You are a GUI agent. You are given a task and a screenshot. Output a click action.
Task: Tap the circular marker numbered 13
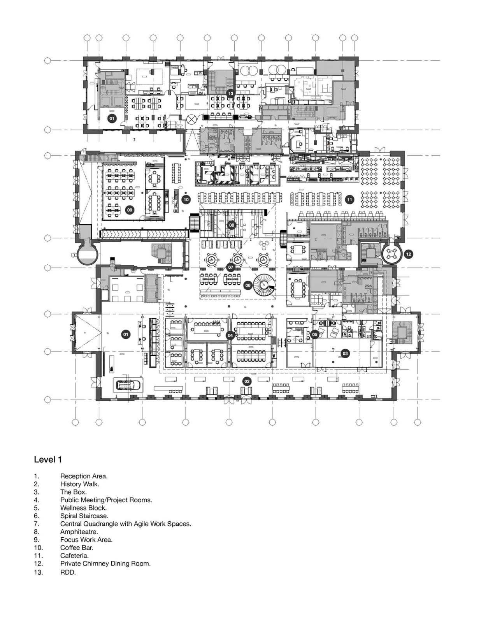point(231,93)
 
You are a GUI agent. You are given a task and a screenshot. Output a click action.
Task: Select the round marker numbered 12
point(408,254)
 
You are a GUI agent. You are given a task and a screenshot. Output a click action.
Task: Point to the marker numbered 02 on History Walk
point(247,381)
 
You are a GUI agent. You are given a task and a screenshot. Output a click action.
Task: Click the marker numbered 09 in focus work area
point(130,210)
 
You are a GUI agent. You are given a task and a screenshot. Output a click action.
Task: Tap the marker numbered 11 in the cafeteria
point(349,199)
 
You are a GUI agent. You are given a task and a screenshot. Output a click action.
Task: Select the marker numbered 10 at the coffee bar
point(186,199)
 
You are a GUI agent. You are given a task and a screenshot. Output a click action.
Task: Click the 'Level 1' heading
point(48,459)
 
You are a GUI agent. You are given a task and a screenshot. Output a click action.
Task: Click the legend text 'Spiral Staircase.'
point(84,516)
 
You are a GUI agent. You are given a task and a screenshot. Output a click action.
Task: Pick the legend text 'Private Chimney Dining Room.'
point(105,563)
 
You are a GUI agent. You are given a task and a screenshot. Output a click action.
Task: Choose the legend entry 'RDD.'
point(68,572)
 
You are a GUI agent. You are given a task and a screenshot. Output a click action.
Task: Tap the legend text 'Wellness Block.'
point(83,508)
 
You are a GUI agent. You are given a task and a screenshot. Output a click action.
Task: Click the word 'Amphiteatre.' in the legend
point(79,531)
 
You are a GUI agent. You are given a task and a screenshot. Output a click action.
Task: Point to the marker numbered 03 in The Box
point(345,354)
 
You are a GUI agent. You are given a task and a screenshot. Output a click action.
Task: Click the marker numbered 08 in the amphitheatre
point(232,225)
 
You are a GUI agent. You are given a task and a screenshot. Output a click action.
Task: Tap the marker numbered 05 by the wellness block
point(314,334)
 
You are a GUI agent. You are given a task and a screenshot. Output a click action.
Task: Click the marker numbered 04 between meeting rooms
point(230,335)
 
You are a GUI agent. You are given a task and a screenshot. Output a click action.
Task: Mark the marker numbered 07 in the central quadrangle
point(231,268)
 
